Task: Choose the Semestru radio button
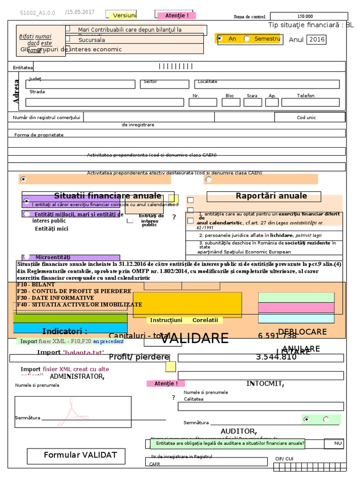[247, 38]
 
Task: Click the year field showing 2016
[316, 39]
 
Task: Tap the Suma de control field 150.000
[305, 16]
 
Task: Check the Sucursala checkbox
[67, 39]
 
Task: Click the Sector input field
[164, 84]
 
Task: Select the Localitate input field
[266, 84]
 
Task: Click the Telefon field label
[306, 96]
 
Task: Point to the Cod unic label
[307, 118]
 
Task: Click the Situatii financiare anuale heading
[107, 195]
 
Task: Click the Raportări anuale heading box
[264, 196]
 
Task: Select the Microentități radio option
[26, 257]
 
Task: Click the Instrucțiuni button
[166, 320]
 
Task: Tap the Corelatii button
[205, 320]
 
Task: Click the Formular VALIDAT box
[80, 455]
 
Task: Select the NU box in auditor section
[338, 443]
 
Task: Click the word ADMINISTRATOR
[77, 376]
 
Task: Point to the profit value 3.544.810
[276, 357]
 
